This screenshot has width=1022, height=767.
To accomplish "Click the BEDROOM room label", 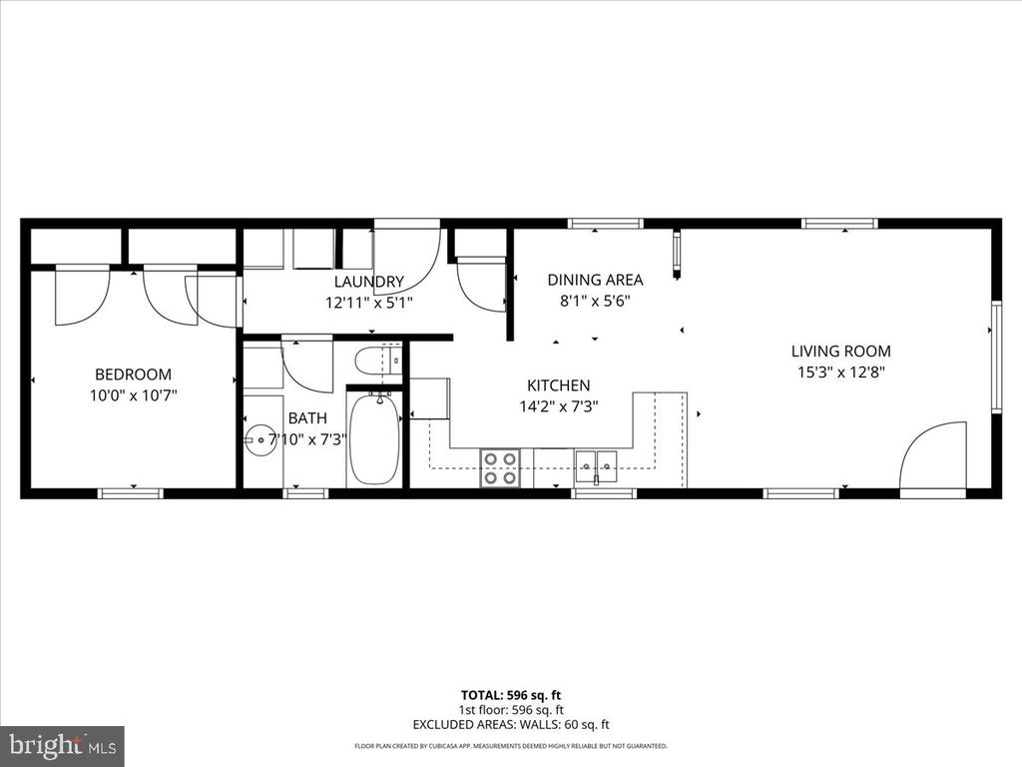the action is click(133, 375).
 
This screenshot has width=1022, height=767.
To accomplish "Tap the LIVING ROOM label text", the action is click(840, 351).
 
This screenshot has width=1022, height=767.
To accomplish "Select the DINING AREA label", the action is click(595, 280).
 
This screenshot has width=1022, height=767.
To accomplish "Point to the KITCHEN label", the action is click(559, 385).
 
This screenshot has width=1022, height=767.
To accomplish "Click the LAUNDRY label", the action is click(369, 282).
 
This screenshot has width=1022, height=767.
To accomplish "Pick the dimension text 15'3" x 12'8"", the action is click(840, 373).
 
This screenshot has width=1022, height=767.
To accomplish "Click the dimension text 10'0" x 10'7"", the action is click(134, 395).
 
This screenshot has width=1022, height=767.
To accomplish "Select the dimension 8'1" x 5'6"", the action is click(595, 302).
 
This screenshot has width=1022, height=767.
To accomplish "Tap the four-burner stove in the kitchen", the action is click(500, 468).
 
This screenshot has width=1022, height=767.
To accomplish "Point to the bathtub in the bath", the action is click(374, 438).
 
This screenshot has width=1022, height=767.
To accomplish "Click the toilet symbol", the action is click(378, 360).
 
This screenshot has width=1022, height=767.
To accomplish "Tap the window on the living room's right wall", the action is click(996, 357).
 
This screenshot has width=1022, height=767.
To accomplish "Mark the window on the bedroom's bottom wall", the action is click(131, 493).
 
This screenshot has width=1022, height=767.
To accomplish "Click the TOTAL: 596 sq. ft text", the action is click(511, 695).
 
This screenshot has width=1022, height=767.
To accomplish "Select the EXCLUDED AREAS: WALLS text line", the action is click(511, 725).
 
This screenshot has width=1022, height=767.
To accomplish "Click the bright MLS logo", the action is click(63, 745).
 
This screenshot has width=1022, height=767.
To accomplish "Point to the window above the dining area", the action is click(606, 224).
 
